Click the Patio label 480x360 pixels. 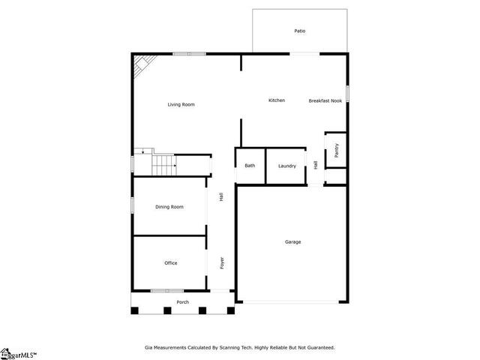pos(300,31)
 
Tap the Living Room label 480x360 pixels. pos(181,105)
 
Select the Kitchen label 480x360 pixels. pos(277,100)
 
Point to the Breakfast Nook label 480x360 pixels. pos(325,100)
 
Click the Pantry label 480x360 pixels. pos(337,150)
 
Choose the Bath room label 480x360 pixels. pos(250,166)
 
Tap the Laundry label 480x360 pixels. pos(287,166)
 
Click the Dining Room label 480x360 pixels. pos(169,207)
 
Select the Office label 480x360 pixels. pos(171,263)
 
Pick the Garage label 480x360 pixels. pos(293,241)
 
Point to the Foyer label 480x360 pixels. pos(222,263)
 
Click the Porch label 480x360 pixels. pos(183,302)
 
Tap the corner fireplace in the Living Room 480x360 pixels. pos(143,65)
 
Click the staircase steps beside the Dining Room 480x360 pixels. pos(164,165)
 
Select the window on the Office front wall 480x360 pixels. pos(167,291)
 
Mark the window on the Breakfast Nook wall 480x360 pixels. pos(347,93)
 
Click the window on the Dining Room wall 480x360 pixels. pos(132,205)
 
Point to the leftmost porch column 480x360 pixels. pos(135,310)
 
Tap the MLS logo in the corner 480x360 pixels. pos(18,355)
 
